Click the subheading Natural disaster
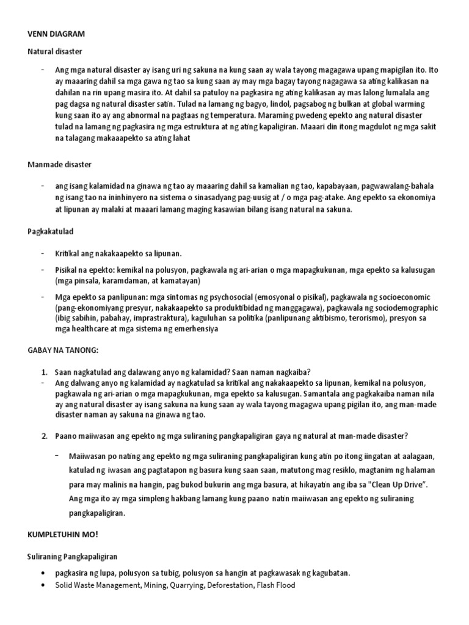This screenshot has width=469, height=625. pyautogui.click(x=55, y=52)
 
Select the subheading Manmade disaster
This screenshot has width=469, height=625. pyautogui.click(x=59, y=165)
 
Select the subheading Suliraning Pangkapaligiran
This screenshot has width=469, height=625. pyautogui.click(x=73, y=557)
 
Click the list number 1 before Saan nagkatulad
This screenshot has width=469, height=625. pyautogui.click(x=45, y=372)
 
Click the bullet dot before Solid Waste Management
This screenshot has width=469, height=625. pyautogui.click(x=44, y=585)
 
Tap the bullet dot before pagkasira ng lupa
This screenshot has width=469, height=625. pyautogui.click(x=44, y=573)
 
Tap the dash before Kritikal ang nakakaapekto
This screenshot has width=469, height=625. pyautogui.click(x=43, y=253)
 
